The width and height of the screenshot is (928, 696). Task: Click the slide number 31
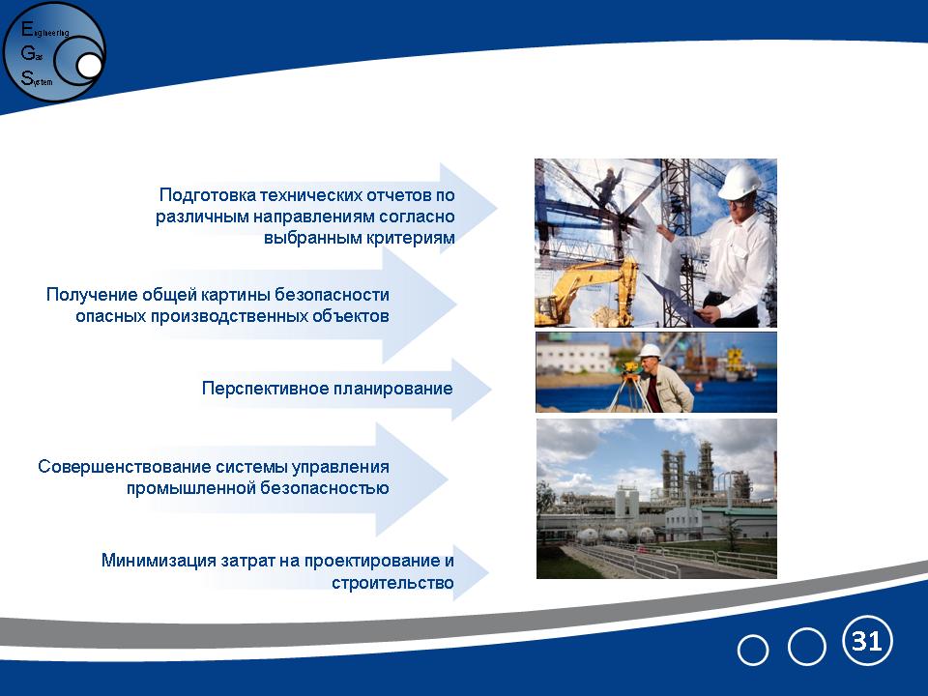pos(867,641)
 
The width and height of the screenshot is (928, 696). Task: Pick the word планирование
pos(393,389)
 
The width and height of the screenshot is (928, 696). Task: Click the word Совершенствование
pos(124,466)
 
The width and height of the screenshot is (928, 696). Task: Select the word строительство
pos(393,583)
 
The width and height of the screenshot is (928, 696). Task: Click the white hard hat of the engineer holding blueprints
pos(739,181)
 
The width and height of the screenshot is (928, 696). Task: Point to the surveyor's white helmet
pos(650,351)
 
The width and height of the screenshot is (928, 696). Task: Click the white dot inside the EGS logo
pos(89,66)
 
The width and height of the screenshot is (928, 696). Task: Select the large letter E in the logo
pos(27,28)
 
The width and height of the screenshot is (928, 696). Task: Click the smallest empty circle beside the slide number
pos(753,650)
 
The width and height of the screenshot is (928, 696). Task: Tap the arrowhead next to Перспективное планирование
pos(472,389)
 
